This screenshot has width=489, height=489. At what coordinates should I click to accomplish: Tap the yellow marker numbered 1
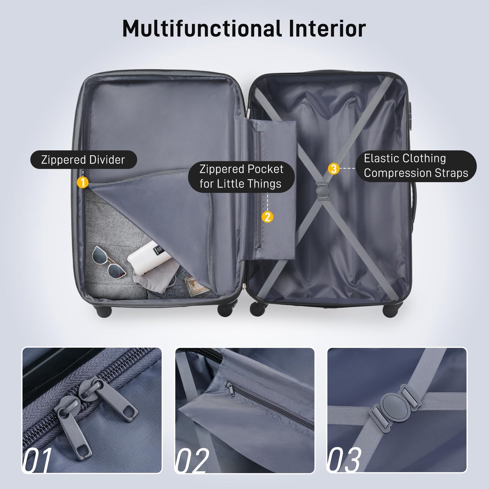click(83, 182)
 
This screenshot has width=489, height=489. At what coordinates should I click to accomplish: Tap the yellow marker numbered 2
click(268, 216)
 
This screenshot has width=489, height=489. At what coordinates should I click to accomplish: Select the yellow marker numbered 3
click(333, 169)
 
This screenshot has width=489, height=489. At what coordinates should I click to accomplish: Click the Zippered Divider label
click(83, 160)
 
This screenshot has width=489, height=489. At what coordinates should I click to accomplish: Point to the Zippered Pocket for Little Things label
click(241, 176)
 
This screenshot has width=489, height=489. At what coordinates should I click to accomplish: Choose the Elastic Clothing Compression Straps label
click(416, 166)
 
